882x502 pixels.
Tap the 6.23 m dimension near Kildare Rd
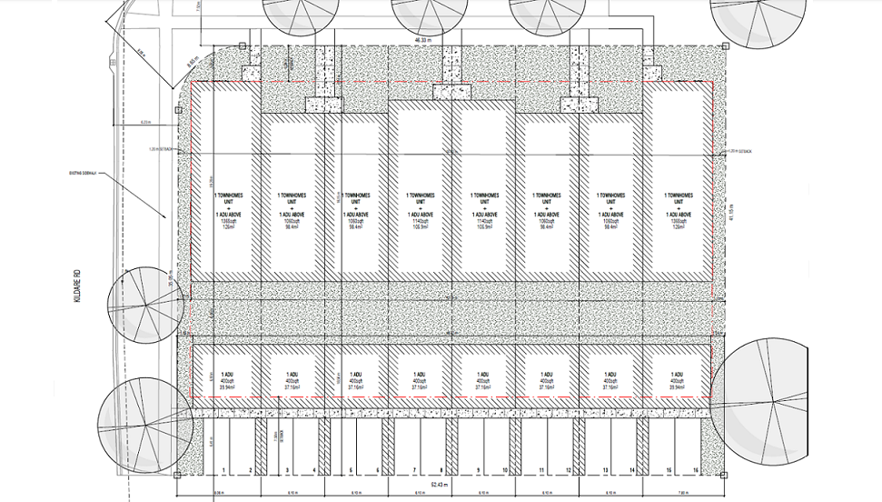coord(145,121)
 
